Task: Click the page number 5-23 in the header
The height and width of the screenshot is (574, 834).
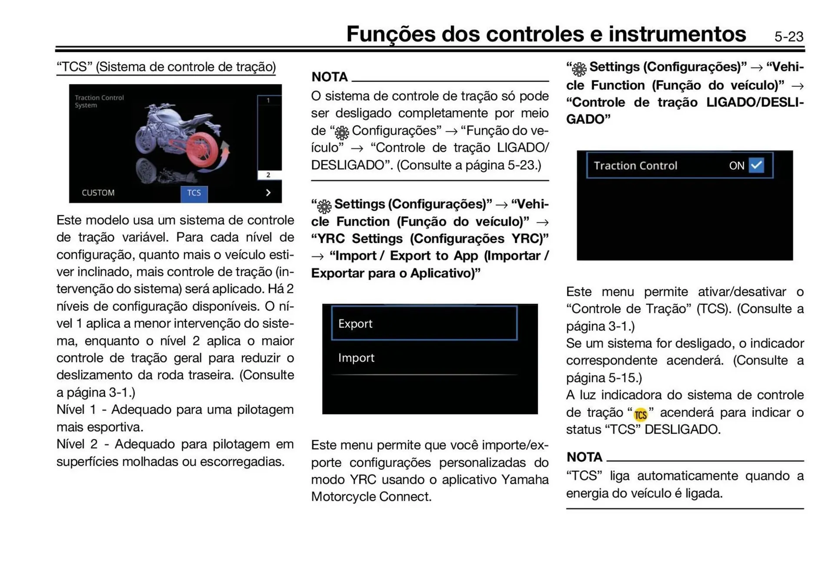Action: coord(788,36)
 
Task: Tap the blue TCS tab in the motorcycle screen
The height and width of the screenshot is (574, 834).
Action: coord(194,193)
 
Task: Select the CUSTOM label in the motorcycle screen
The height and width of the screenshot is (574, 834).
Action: coord(98,192)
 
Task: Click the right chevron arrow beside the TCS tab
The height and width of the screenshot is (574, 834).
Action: coord(268,192)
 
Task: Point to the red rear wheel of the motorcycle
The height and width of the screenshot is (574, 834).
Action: coord(202,150)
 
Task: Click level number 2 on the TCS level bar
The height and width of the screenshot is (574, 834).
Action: coord(268,175)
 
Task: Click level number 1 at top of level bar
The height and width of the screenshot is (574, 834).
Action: coord(268,100)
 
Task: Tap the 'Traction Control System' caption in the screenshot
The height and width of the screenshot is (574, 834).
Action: coord(99,101)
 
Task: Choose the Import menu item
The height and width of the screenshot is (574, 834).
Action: coord(356,358)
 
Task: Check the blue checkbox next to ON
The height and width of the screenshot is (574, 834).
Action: coord(756,165)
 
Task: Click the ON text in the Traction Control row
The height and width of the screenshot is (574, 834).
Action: coord(736,166)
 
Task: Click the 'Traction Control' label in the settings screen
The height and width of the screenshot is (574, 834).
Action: coord(635,166)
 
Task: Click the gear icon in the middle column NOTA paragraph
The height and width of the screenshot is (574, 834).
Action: coord(342,132)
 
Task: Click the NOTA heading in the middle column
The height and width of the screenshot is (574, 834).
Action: coord(330,77)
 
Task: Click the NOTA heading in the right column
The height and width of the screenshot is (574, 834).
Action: coord(584,457)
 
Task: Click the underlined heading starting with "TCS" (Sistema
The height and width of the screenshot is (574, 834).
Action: coord(166,67)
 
